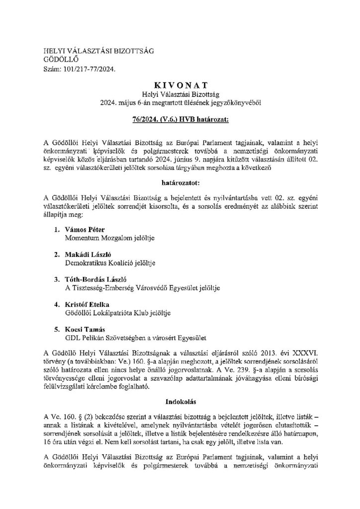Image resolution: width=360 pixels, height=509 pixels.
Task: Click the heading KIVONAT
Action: point(180,85)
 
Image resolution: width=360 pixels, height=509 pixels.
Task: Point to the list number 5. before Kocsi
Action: point(56,329)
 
